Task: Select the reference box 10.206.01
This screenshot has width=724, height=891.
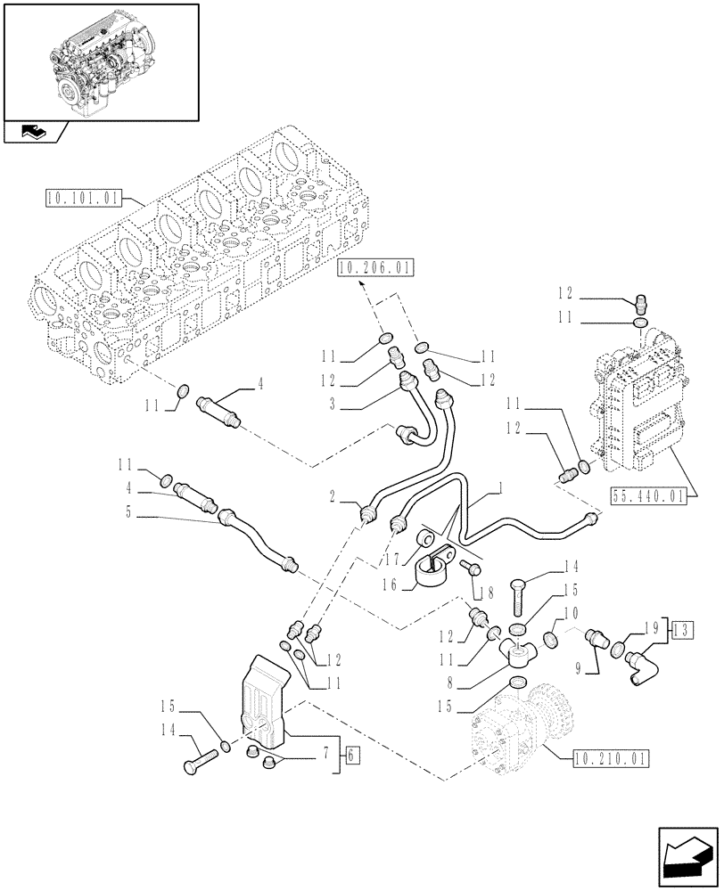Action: [x=375, y=266]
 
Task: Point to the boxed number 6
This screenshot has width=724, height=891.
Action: [x=350, y=756]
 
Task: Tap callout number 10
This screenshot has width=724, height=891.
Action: [x=572, y=613]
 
